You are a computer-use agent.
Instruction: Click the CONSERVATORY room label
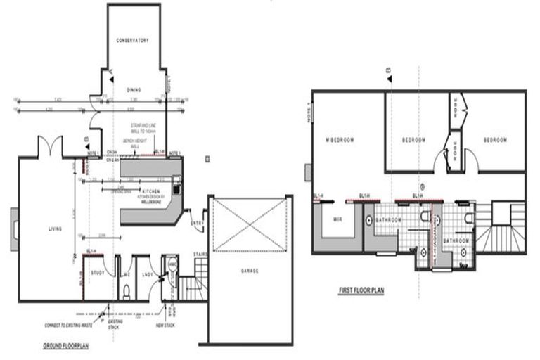pos(134,41)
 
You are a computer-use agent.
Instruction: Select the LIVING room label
pos(56,229)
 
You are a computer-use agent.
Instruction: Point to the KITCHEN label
pos(150,191)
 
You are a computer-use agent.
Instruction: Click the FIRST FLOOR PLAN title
pos(361,288)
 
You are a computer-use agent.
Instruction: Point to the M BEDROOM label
pos(340,140)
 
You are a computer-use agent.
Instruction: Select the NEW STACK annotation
pos(173,326)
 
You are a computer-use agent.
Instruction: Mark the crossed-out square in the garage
pos(251,224)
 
